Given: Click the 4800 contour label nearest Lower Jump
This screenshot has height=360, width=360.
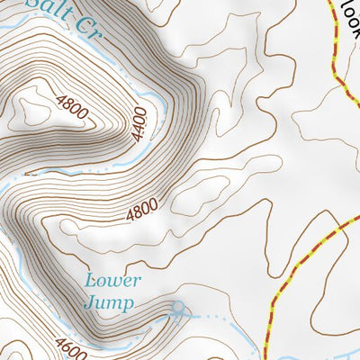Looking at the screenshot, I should click(x=141, y=211).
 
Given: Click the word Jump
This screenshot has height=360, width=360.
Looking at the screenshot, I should click(x=109, y=302).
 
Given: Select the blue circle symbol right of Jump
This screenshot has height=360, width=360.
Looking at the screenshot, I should click(x=177, y=310).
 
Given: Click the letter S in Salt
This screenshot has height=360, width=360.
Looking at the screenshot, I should click(x=33, y=4).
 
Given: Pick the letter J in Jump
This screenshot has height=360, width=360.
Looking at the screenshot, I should click(x=90, y=302).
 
